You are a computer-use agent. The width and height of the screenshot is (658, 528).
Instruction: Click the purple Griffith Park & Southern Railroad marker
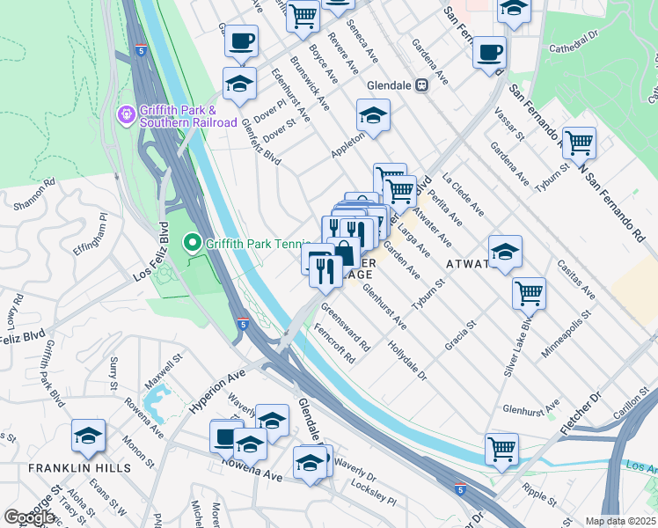127,114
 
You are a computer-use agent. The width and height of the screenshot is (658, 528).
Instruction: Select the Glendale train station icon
421,84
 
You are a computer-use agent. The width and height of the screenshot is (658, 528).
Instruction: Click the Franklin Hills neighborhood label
68,469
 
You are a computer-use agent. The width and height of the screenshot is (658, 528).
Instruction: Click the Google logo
29,517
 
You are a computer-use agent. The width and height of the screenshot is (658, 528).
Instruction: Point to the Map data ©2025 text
621,521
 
